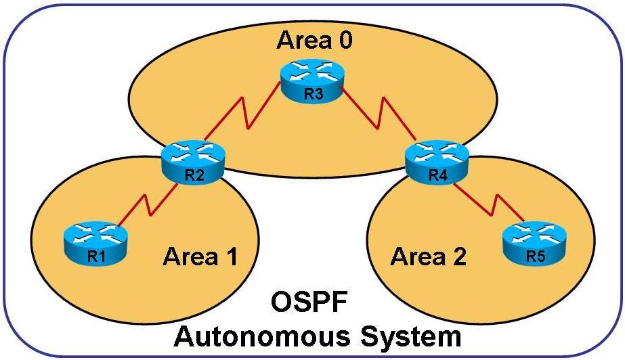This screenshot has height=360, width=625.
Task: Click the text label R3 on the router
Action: pyautogui.click(x=313, y=94)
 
